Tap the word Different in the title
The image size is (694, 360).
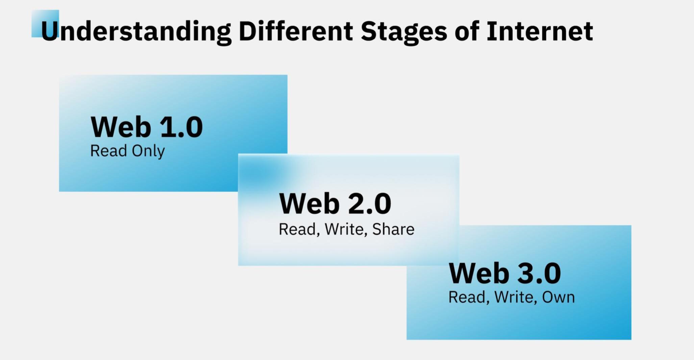coord(296,31)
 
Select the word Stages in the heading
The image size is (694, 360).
coord(404,32)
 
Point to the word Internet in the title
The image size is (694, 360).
coord(540,31)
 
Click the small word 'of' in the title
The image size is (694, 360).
coord(467,31)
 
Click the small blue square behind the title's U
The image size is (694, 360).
coord(45,23)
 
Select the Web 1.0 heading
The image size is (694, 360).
coord(147,127)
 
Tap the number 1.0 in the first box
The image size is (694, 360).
coord(181,127)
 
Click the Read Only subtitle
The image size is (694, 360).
coord(127,151)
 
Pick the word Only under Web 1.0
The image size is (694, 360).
coord(148,151)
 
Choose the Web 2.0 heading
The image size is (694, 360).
coord(335,204)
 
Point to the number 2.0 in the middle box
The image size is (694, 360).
coord(370,204)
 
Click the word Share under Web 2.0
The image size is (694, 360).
coord(393,229)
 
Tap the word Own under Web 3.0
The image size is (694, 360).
coord(558,298)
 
